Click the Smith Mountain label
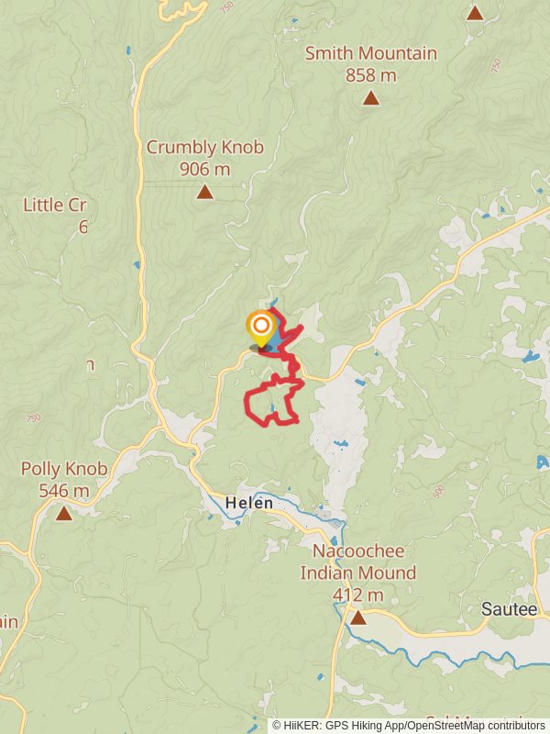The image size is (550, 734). (x=370, y=54)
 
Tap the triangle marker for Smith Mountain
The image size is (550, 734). (x=370, y=98)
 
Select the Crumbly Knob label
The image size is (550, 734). (x=205, y=148)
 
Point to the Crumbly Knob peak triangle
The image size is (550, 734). (x=205, y=192)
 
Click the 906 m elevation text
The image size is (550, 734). (x=205, y=169)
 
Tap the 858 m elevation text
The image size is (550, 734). (x=370, y=75)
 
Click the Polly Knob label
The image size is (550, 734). (x=64, y=470)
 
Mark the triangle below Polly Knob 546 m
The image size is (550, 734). (x=63, y=514)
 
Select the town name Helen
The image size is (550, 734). (x=249, y=504)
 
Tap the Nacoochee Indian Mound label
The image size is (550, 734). (x=357, y=562)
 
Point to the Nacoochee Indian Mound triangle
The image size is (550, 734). (x=357, y=618)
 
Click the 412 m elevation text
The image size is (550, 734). (x=357, y=595)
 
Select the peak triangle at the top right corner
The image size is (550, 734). (x=475, y=13)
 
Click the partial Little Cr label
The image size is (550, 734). (x=55, y=206)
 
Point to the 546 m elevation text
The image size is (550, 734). (x=64, y=491)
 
